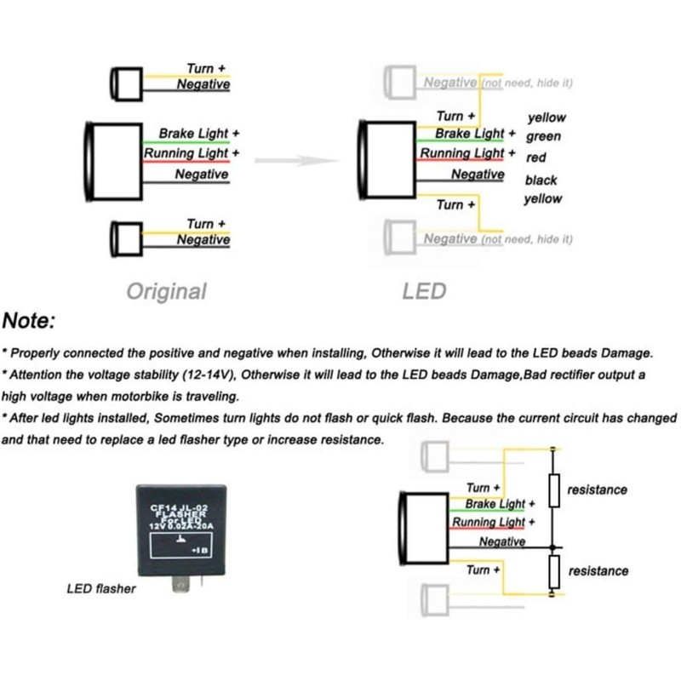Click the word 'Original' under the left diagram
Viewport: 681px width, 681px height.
pyautogui.click(x=166, y=291)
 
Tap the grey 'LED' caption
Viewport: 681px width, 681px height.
pyautogui.click(x=424, y=291)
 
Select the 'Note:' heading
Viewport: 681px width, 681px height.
pyautogui.click(x=29, y=321)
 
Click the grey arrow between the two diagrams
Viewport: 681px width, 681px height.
pyautogui.click(x=296, y=161)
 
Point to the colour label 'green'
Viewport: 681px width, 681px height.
pyautogui.click(x=543, y=137)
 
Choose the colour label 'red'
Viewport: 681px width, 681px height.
pyautogui.click(x=536, y=157)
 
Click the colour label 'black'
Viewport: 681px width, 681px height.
pyautogui.click(x=541, y=180)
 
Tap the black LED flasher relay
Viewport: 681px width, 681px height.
pyautogui.click(x=181, y=529)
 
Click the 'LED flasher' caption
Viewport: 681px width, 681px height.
pyautogui.click(x=101, y=588)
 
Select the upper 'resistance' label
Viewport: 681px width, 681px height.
pyautogui.click(x=598, y=490)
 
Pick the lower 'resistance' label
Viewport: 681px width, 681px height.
pyautogui.click(x=598, y=570)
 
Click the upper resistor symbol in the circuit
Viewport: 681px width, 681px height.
pyautogui.click(x=554, y=491)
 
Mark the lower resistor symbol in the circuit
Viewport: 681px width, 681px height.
pyautogui.click(x=554, y=571)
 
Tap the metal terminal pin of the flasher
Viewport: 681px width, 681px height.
pyautogui.click(x=180, y=584)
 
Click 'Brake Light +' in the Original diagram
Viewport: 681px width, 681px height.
pyautogui.click(x=199, y=134)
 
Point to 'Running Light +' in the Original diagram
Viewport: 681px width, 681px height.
pyautogui.click(x=192, y=153)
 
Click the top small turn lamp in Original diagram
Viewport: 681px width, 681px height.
pyautogui.click(x=126, y=84)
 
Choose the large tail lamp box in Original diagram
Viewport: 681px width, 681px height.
pyautogui.click(x=114, y=162)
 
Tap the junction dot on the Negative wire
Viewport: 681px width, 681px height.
pyautogui.click(x=552, y=547)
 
